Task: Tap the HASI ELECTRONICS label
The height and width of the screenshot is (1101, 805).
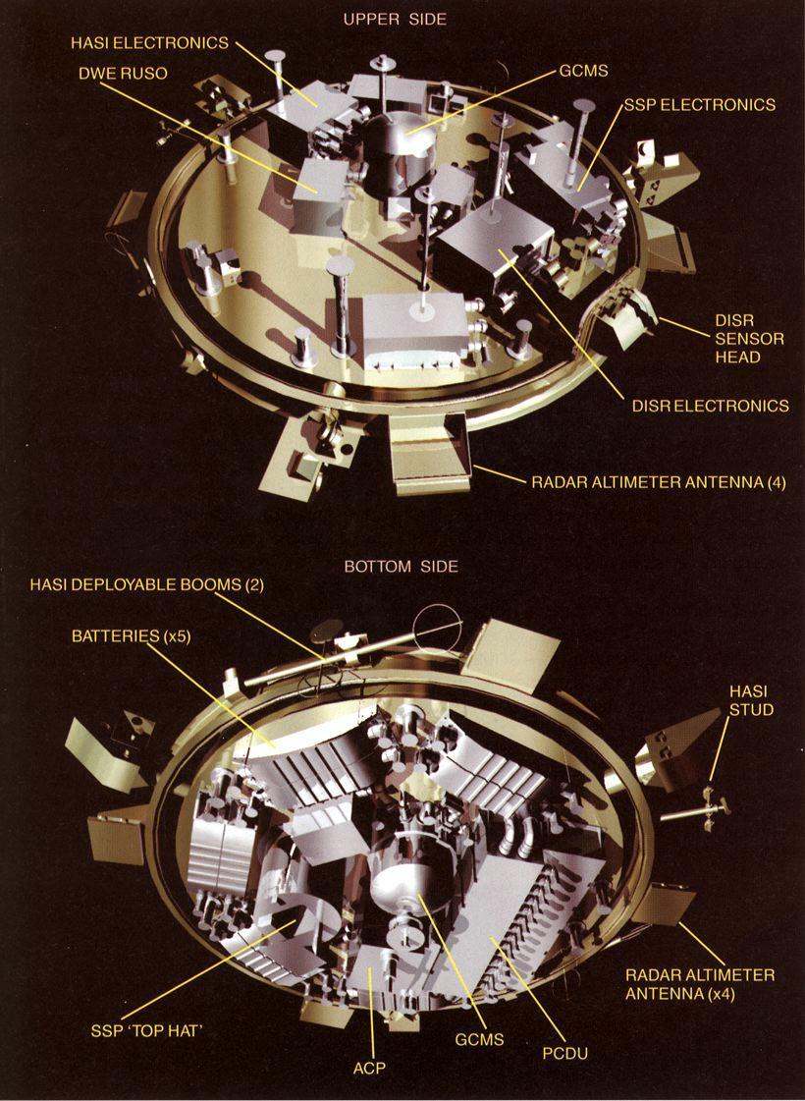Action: click(150, 43)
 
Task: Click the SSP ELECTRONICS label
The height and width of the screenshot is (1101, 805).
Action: click(699, 104)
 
